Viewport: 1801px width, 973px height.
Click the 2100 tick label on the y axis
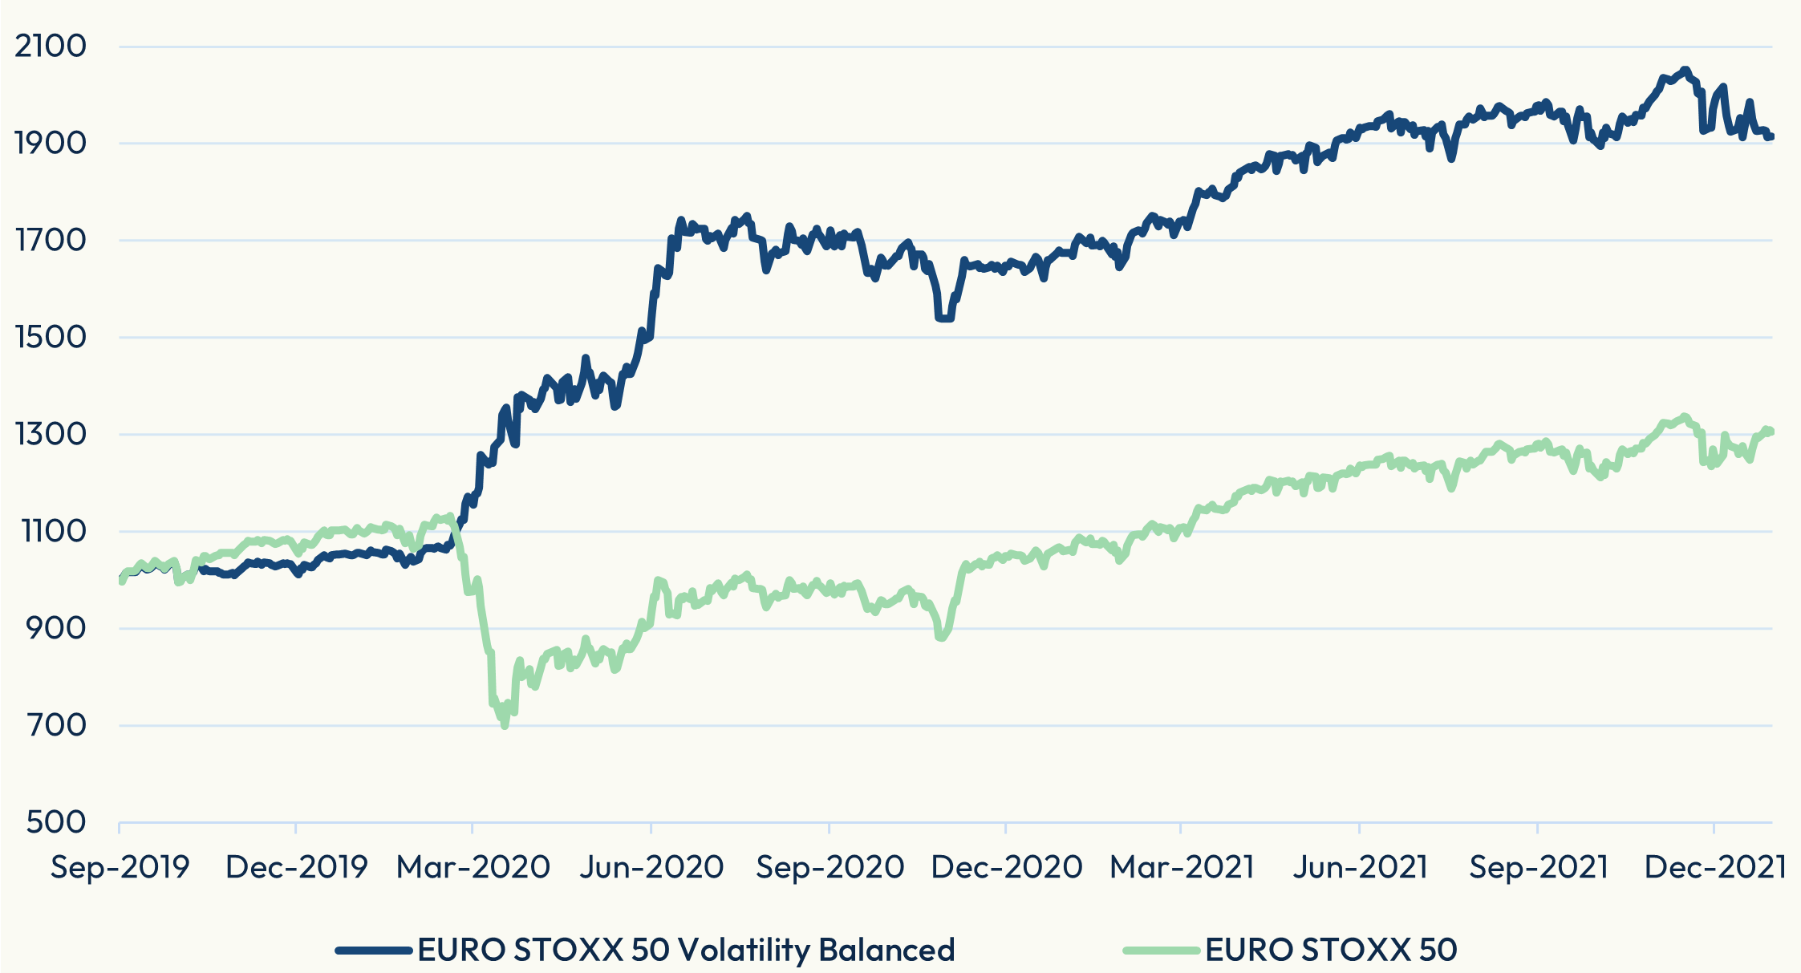point(51,46)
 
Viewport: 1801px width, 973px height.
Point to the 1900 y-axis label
point(51,143)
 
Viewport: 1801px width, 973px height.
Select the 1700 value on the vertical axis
point(51,240)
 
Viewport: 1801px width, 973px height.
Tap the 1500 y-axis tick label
point(51,337)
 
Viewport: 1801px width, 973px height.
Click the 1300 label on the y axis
point(51,434)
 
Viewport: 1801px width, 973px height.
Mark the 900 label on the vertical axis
point(58,628)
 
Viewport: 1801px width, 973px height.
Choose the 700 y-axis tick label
point(58,725)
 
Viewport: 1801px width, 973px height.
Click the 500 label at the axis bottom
point(58,822)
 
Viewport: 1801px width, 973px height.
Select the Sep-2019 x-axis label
point(120,867)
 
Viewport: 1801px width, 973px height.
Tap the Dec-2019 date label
point(297,867)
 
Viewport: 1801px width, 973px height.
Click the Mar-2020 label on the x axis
point(473,867)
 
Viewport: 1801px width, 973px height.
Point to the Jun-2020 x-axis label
point(651,867)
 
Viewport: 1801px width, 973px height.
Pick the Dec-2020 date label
point(1007,867)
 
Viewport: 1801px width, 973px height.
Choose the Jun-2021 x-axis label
point(1361,867)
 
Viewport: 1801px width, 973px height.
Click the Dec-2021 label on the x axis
point(1715,867)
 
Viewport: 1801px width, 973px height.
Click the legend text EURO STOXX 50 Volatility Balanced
point(687,951)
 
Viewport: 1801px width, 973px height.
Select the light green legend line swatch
point(1162,951)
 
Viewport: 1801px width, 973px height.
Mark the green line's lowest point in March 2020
point(505,726)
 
